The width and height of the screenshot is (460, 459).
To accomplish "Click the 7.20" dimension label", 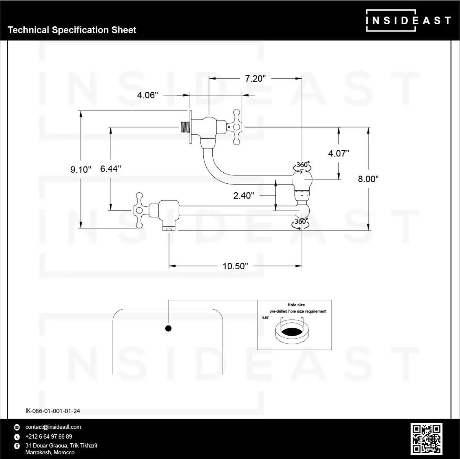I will point(255,78).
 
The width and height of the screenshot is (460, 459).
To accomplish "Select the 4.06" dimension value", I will point(147,95).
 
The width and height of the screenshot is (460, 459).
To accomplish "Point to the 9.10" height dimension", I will point(81,169).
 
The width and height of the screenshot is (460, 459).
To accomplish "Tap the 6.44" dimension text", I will point(111,169).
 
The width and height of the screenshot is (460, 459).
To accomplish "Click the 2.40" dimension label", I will point(244,195).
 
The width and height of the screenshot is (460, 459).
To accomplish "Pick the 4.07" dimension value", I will point(338,153).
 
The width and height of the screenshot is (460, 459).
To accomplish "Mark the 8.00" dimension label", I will point(368,179).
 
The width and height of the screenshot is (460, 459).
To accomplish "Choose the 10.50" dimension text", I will point(235,266).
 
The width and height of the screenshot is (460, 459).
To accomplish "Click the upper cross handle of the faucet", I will point(236,127).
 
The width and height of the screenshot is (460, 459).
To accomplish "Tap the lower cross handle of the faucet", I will point(139,210).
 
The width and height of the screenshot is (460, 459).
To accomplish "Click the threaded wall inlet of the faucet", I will point(184,127).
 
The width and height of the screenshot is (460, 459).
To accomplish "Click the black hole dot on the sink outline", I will point(168,328).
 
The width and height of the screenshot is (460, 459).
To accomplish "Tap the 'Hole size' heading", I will point(296,305).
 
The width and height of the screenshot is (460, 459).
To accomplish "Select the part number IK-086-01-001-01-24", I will point(53,411).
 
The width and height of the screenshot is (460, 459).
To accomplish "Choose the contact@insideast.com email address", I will point(53,427).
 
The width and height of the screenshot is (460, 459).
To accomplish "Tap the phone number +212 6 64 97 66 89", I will point(49,436).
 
